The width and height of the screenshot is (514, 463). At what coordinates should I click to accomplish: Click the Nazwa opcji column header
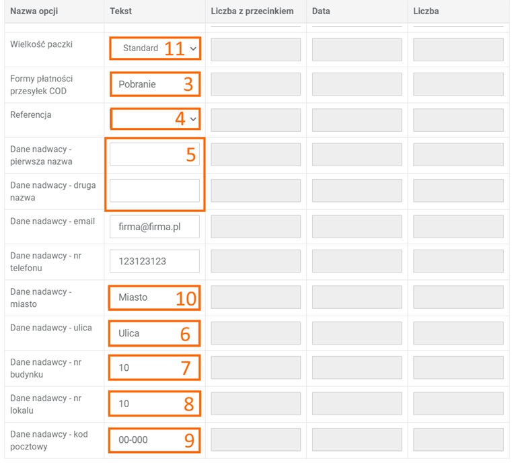point(34,11)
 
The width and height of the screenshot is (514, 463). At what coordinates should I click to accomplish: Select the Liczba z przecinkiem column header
point(252,11)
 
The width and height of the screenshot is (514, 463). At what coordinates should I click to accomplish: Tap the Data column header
point(321,11)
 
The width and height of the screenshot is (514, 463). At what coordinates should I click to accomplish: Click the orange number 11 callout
point(175,49)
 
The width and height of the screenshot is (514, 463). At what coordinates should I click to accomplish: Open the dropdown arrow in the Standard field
point(193,48)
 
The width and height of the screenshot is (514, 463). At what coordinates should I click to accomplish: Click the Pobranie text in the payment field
point(137,84)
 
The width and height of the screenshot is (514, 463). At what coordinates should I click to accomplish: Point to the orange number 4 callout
point(180,118)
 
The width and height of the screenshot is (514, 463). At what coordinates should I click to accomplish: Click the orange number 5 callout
point(191,154)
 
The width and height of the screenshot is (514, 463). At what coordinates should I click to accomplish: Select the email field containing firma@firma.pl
point(154,227)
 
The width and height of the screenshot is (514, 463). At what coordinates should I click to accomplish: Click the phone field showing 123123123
point(154,261)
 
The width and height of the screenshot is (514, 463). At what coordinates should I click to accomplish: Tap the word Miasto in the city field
point(133,297)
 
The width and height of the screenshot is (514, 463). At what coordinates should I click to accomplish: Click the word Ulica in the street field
point(128,334)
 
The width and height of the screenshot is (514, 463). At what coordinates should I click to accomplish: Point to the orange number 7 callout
point(186,367)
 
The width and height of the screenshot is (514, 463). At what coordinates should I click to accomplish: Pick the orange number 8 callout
point(189,404)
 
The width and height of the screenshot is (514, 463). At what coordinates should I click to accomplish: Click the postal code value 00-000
point(133,439)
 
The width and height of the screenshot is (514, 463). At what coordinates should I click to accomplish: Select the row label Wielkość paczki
point(41,44)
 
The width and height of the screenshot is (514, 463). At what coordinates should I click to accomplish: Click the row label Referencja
point(31,115)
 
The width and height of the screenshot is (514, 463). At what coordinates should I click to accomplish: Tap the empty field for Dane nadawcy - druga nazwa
point(154,190)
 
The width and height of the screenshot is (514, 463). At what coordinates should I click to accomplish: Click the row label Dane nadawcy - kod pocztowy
point(49,440)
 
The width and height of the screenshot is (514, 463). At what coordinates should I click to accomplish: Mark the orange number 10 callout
point(186,299)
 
